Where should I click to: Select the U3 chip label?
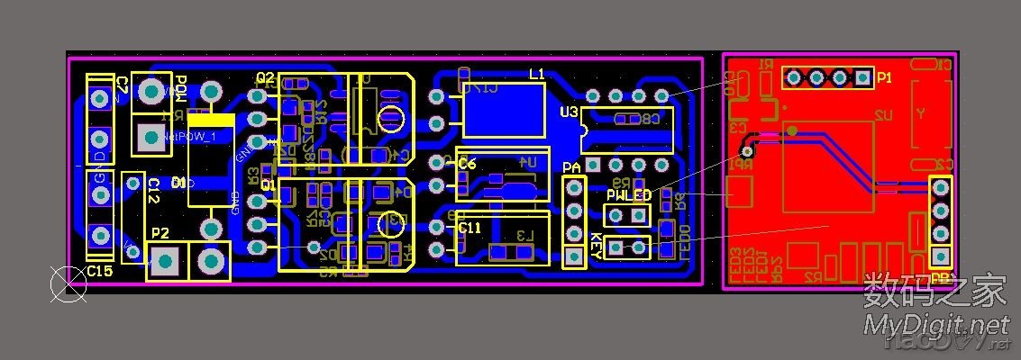click(x=569, y=112)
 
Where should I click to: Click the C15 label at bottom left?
click(x=99, y=271)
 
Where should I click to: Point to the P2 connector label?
click(x=160, y=233)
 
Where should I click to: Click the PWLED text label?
click(x=628, y=195)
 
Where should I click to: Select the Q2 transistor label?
click(x=265, y=77)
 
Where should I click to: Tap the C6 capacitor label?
click(x=467, y=164)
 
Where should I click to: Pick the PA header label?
click(x=571, y=168)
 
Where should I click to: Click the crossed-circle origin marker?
click(x=67, y=284)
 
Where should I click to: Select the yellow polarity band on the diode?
click(x=212, y=120)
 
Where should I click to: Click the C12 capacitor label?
click(x=153, y=191)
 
